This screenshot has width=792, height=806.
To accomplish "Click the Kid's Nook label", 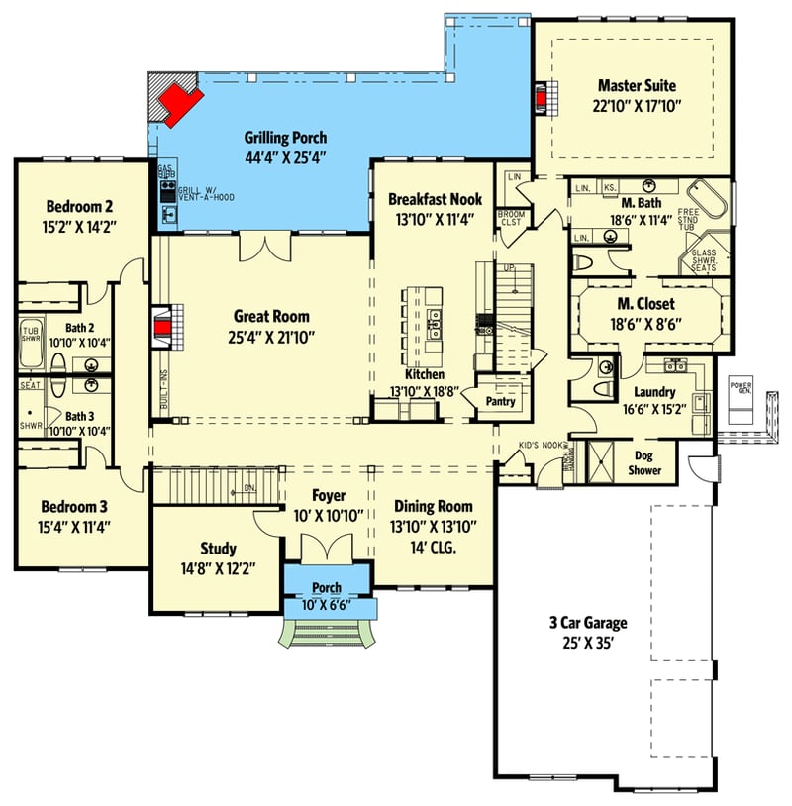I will (536, 447).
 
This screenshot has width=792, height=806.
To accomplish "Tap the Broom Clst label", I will (510, 218).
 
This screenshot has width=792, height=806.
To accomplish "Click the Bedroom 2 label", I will (79, 207).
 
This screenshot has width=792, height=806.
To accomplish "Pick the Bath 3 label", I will (80, 417).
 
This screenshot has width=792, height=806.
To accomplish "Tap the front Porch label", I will (327, 588).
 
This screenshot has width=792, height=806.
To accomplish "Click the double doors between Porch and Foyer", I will (326, 548).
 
